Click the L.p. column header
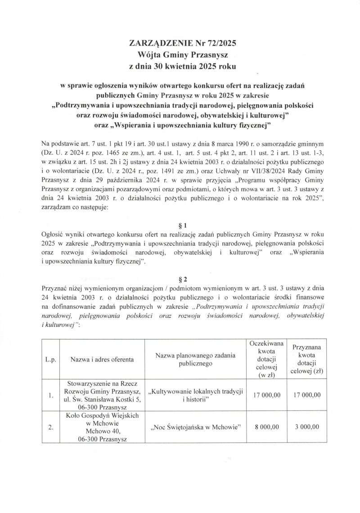pyautogui.click(x=50, y=359)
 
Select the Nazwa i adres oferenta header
pyautogui.click(x=102, y=359)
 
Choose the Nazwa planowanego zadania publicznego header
pyautogui.click(x=195, y=359)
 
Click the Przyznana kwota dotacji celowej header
pyautogui.click(x=309, y=359)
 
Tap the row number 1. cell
pyautogui.click(x=50, y=395)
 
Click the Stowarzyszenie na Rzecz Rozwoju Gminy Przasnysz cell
pyautogui.click(x=102, y=395)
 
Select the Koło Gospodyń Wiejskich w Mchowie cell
pyautogui.click(x=102, y=427)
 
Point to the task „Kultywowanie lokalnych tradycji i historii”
pyautogui.click(x=195, y=395)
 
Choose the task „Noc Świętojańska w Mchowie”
pyautogui.click(x=195, y=427)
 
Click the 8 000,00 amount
pyautogui.click(x=266, y=427)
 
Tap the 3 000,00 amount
pyautogui.click(x=309, y=427)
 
